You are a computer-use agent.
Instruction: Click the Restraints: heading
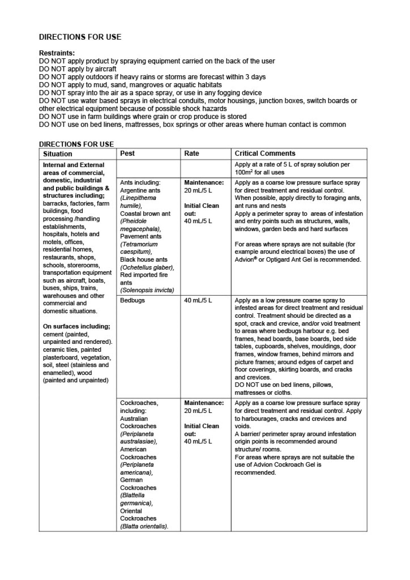point(57,53)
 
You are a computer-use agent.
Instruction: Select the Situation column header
point(57,154)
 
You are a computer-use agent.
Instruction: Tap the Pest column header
point(127,153)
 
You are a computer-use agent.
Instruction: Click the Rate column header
point(191,153)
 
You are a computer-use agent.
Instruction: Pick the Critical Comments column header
point(265,153)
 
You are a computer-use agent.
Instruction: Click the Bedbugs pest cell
point(132,300)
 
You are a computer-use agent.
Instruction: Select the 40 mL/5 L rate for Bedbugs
point(198,300)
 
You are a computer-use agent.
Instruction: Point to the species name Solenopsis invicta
point(147,291)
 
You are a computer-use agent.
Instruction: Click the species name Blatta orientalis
point(144,526)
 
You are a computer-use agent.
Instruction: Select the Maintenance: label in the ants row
point(204,183)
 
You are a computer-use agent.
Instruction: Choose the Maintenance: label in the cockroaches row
point(204,403)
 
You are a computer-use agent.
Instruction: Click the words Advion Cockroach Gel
point(286,465)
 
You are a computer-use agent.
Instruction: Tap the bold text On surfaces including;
point(77,326)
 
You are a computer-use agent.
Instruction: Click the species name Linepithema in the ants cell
point(138,198)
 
